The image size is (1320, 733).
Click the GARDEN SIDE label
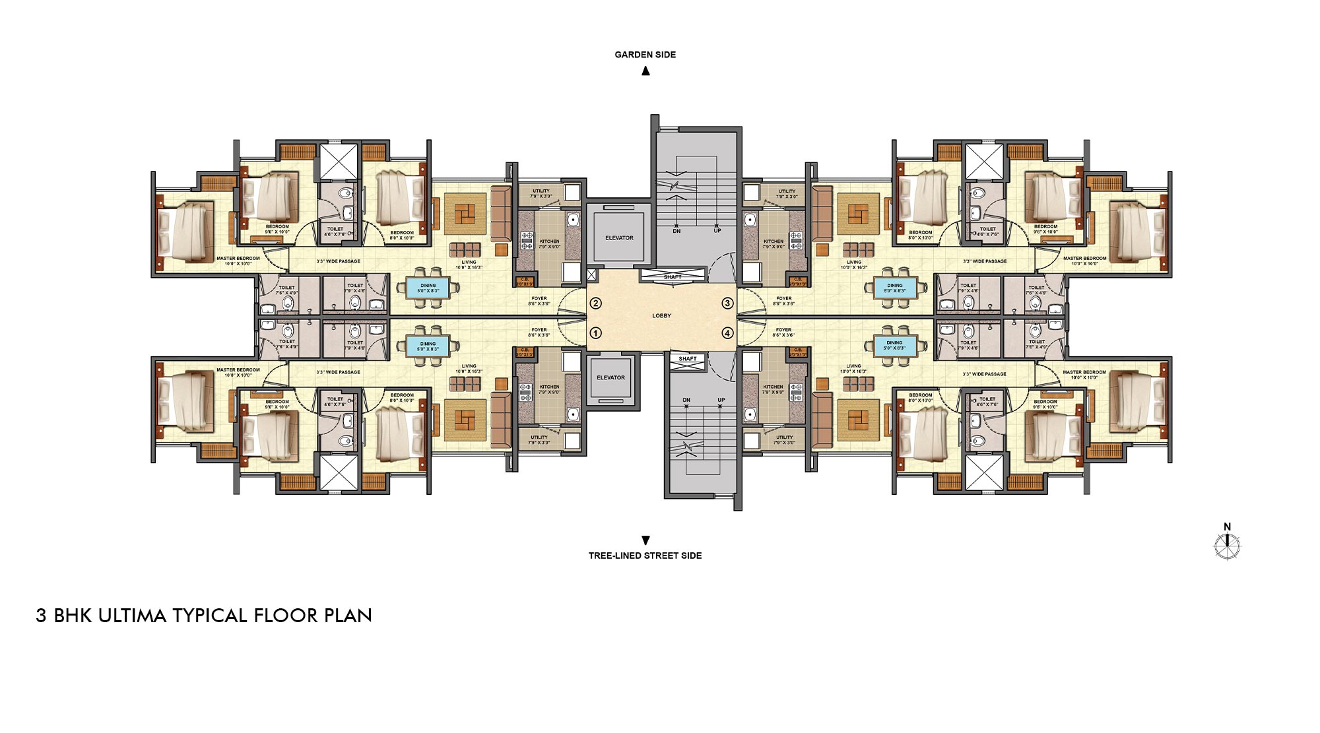645,55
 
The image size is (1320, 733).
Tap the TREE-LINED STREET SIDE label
645,556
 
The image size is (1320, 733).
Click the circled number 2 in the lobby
595,303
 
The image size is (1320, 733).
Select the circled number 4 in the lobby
727,333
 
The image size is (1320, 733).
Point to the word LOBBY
661,316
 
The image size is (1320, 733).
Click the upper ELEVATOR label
619,238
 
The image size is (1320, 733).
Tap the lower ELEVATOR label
610,378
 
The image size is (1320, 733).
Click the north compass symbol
1227,546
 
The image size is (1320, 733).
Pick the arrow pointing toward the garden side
645,71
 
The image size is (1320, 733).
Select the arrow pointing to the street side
645,540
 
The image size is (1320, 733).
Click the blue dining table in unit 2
428,288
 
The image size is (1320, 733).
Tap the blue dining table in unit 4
894,345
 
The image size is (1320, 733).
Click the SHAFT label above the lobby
672,277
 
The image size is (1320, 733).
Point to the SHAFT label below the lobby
687,359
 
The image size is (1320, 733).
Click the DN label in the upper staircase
676,231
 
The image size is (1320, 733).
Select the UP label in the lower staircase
721,400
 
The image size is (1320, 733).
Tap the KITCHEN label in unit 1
549,387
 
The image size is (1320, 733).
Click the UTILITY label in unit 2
541,191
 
